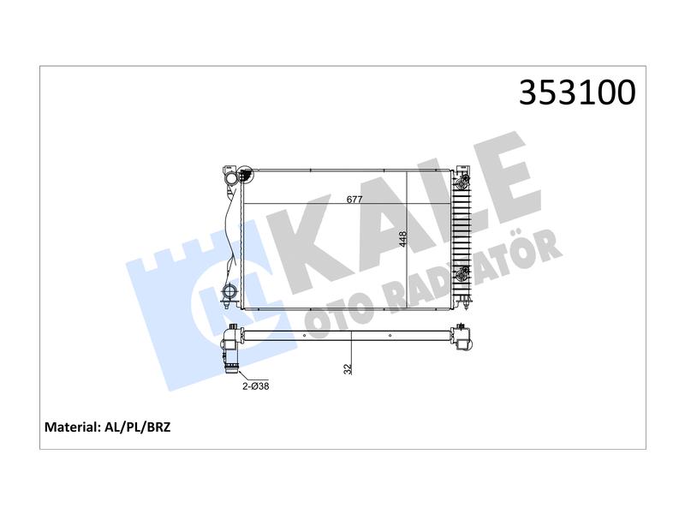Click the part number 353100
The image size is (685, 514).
click(577, 93)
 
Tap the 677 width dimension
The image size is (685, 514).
click(354, 200)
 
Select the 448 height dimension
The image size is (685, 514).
click(402, 239)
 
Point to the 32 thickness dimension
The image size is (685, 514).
click(348, 369)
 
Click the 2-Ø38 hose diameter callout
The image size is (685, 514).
click(256, 386)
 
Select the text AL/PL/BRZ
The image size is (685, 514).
click(138, 427)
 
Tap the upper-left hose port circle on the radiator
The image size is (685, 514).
click(230, 179)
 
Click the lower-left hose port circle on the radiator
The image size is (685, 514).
click(229, 290)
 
